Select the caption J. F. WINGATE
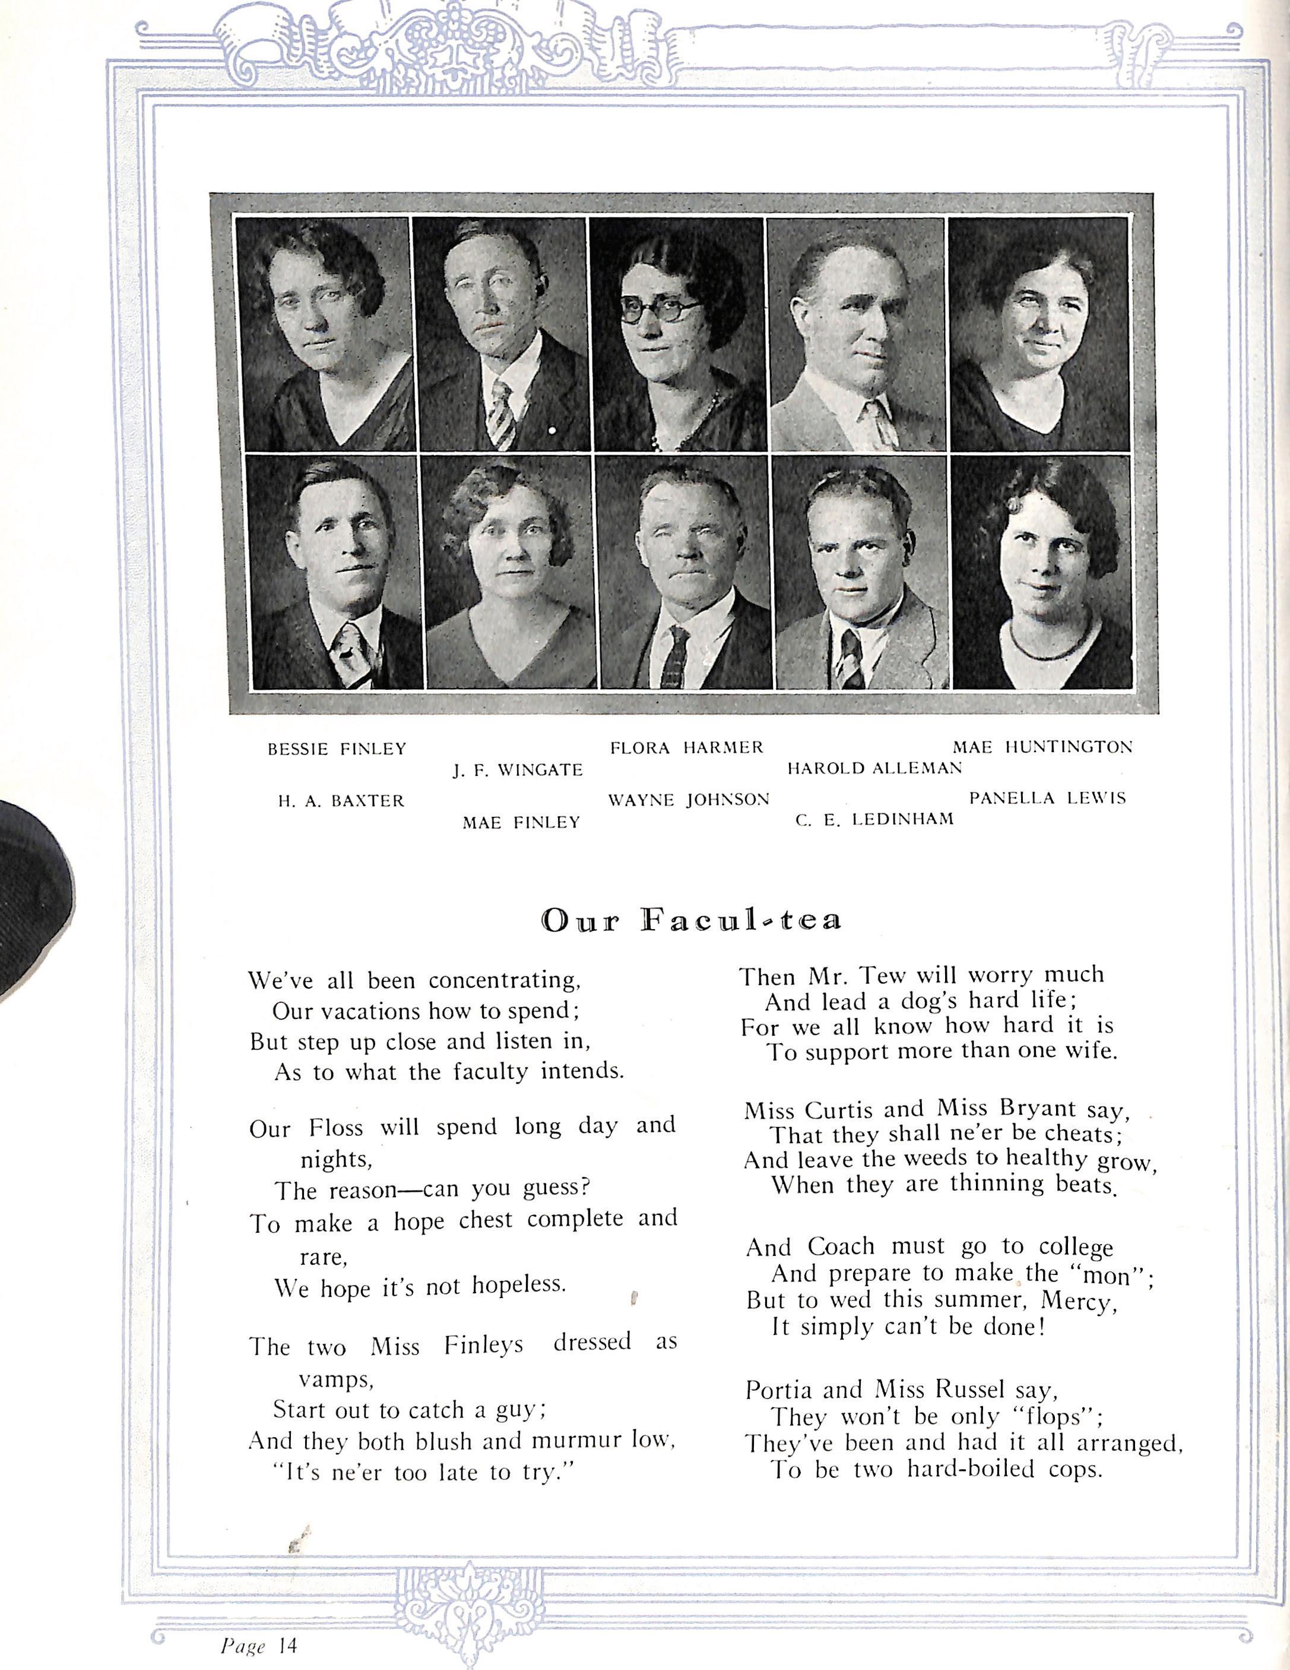pos(518,771)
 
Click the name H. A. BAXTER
pos(340,801)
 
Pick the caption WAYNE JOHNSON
pos(689,801)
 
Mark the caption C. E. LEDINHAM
pos(874,820)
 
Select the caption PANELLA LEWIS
pos(1048,799)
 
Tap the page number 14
pos(287,1644)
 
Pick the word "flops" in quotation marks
pos(1057,1417)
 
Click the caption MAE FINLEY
pos(521,823)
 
